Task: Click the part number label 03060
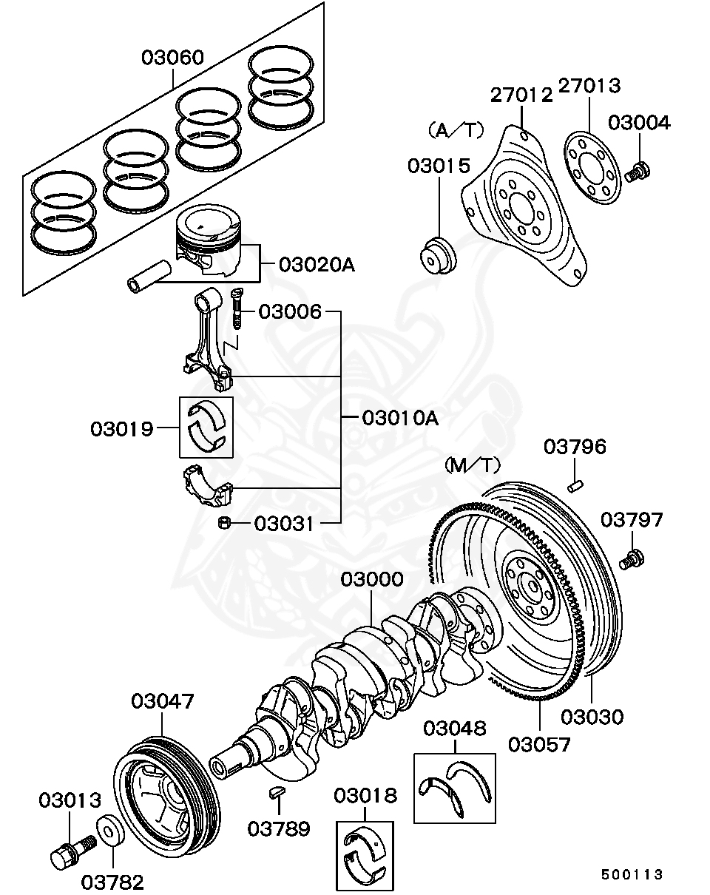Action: coord(173,58)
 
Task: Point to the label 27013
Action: coord(589,87)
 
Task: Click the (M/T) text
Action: coord(472,465)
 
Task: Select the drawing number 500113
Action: coord(632,874)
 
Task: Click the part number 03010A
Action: coord(399,418)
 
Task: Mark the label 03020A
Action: coord(317,264)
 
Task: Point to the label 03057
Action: coord(539,743)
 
